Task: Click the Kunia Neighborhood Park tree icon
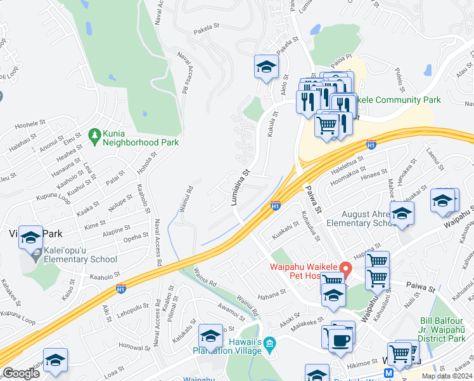[x=94, y=135]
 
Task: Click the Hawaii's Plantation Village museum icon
[x=269, y=344]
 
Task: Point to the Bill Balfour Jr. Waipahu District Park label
[x=445, y=326]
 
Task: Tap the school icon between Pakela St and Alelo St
[x=266, y=67]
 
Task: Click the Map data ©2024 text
[x=447, y=376]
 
